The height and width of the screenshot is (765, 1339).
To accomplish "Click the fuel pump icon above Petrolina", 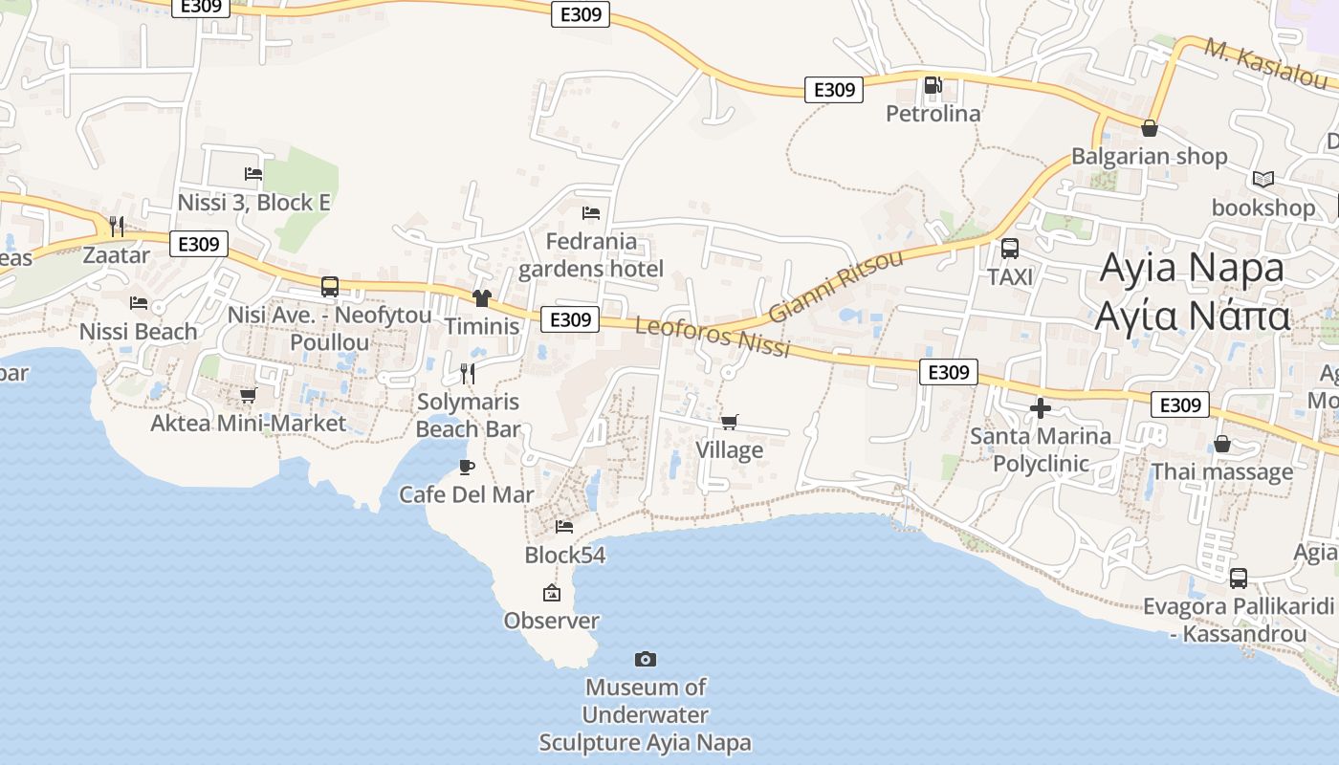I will (x=933, y=85).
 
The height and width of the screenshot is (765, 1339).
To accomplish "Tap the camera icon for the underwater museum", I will (x=646, y=659).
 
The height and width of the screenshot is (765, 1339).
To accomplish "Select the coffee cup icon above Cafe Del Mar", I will (x=467, y=467).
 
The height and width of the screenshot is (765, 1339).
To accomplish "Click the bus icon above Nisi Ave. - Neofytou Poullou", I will (x=330, y=286).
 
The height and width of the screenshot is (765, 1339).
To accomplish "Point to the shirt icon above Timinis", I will (x=481, y=298).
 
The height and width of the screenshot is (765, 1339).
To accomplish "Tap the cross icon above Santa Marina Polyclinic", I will (x=1041, y=409).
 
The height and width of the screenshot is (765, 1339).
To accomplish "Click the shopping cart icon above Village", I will (x=730, y=422).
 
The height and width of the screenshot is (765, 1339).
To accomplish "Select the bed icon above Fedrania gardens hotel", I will (x=591, y=212).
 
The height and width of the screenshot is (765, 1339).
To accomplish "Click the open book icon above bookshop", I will (x=1263, y=179).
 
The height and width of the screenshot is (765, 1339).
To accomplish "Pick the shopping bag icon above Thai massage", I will (x=1222, y=444).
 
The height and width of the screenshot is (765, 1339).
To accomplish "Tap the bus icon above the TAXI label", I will (x=1009, y=249).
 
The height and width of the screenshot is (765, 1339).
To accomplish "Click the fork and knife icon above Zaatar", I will (x=117, y=227).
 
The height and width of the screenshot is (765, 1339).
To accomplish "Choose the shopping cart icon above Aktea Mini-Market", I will (x=249, y=395).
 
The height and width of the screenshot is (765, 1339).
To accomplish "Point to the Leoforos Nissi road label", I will (x=713, y=338).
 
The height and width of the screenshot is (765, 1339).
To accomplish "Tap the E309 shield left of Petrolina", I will (x=833, y=90).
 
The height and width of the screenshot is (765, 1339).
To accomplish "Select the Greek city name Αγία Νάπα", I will (x=1193, y=315).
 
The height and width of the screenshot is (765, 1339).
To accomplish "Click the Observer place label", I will (x=552, y=621).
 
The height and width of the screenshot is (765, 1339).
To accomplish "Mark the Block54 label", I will (x=564, y=555).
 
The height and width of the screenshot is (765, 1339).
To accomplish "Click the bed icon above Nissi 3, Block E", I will (x=253, y=174).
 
